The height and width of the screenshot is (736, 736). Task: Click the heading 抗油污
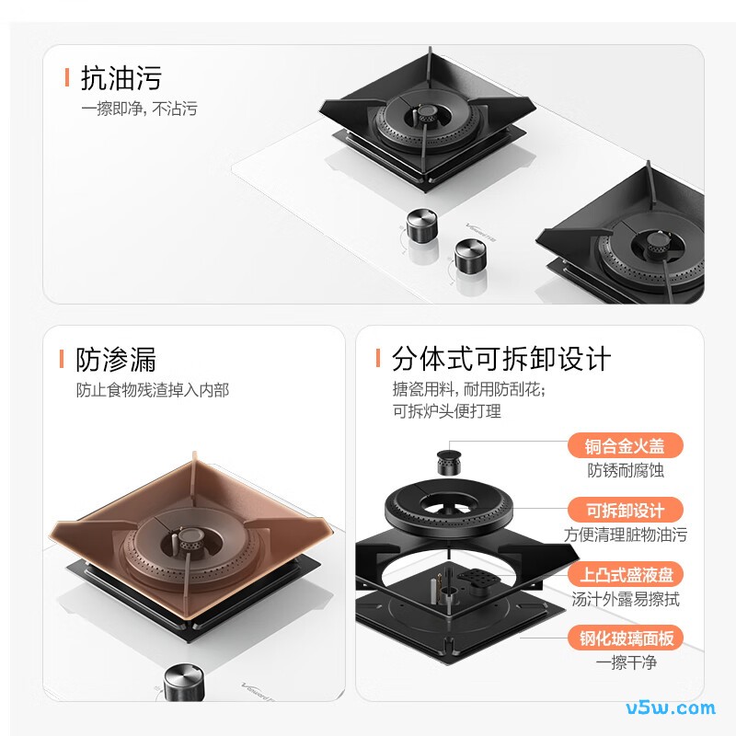[121, 77]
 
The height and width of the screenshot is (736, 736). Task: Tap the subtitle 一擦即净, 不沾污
[140, 109]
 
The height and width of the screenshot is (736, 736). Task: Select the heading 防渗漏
[116, 360]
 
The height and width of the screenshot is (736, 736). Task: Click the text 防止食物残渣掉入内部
[153, 390]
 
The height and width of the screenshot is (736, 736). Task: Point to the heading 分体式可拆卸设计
[501, 359]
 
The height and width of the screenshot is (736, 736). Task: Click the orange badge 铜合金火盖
[625, 445]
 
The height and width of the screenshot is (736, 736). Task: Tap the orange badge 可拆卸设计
[625, 510]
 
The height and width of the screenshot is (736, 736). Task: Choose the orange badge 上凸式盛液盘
[625, 574]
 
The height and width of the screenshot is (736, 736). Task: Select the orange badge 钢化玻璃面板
[625, 638]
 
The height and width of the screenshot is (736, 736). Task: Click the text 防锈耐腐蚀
[626, 470]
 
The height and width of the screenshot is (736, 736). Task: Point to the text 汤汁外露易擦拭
[626, 599]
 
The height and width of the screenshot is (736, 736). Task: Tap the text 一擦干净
[626, 662]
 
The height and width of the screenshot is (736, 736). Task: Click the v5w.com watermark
[671, 707]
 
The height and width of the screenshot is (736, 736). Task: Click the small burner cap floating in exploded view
[449, 463]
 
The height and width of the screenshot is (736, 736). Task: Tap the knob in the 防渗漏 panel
[185, 683]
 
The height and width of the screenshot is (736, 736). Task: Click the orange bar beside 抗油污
[67, 77]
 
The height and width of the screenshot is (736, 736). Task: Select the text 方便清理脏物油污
[626, 535]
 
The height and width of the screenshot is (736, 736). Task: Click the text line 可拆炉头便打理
[447, 411]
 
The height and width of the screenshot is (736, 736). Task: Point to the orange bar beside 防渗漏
[62, 359]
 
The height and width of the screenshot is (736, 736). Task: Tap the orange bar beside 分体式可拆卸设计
[378, 358]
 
